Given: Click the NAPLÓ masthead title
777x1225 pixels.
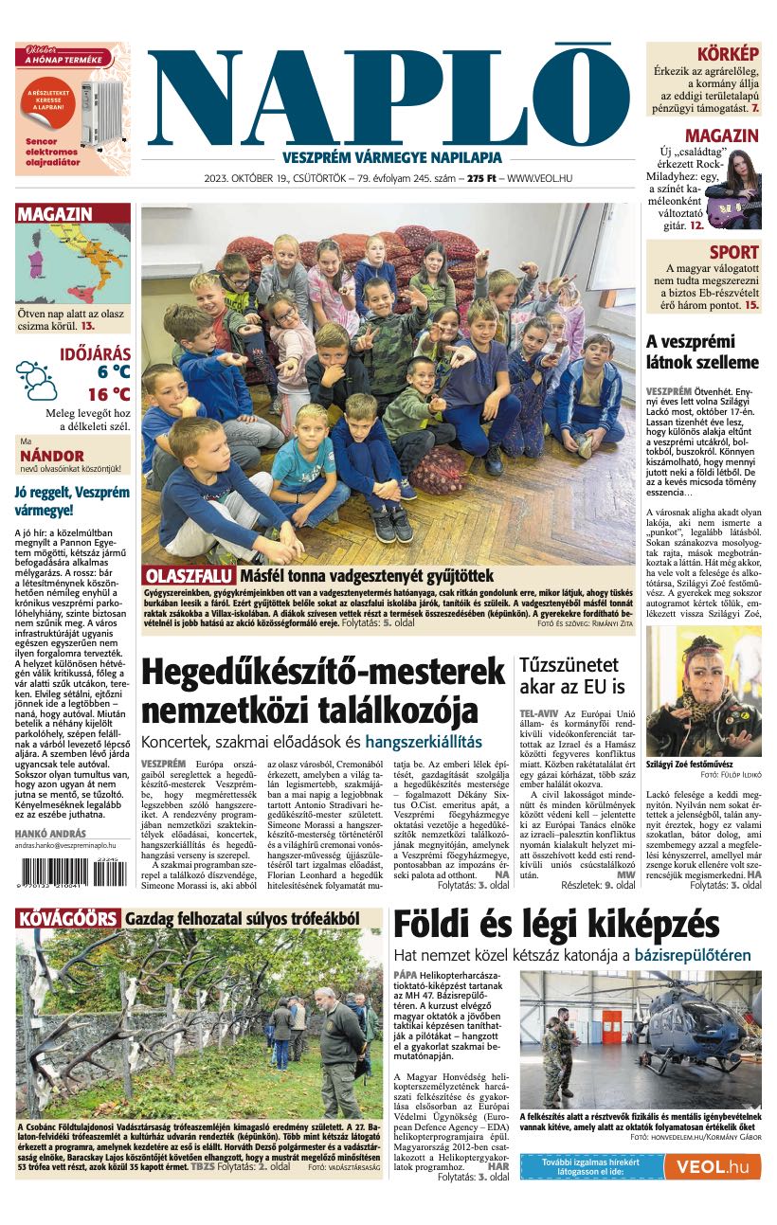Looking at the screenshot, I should point(388,95).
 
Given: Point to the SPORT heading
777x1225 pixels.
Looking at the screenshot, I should point(733,252).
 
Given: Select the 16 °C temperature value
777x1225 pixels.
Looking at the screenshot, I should point(109,394).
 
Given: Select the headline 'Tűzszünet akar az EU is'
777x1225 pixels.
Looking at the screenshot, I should point(571,676).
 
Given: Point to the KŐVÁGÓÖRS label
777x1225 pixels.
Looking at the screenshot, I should point(67,918).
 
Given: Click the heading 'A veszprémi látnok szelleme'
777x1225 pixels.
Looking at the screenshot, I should point(702,351).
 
